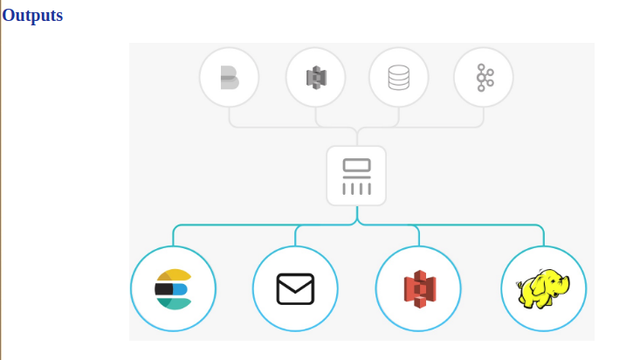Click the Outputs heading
tap(32, 16)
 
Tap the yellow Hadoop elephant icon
tap(543, 289)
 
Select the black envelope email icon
tap(295, 289)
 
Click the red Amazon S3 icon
tap(420, 289)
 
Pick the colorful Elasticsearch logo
tap(174, 289)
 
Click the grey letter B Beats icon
tap(230, 77)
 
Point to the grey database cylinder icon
tap(399, 77)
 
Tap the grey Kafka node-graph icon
tap(485, 77)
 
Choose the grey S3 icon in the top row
tap(316, 77)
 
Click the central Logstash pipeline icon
tap(356, 177)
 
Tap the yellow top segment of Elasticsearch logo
tap(174, 275)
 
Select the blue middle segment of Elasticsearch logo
tap(181, 289)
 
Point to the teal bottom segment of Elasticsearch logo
tap(174, 304)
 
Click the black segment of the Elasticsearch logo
tap(163, 289)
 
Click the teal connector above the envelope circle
tap(295, 235)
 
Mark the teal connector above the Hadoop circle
tap(544, 235)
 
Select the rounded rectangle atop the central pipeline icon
tap(356, 165)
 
